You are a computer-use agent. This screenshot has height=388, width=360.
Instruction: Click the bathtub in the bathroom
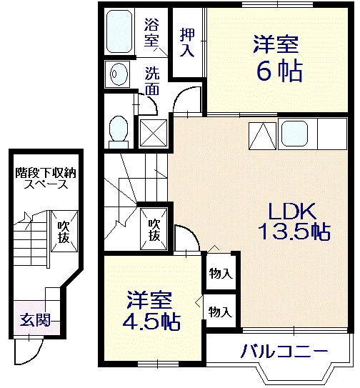click(x=121, y=32)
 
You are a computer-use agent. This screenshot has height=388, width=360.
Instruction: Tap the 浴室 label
click(x=152, y=31)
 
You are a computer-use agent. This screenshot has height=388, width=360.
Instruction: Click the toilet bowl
click(x=118, y=130)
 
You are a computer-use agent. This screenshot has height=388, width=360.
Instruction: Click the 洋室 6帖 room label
click(x=275, y=58)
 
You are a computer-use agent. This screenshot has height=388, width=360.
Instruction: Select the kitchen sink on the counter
click(x=293, y=133)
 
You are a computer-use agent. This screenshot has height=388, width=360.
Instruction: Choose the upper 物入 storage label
click(x=220, y=274)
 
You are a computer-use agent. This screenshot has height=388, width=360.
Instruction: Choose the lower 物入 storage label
click(x=220, y=311)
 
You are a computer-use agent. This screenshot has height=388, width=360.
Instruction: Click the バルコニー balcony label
click(x=284, y=351)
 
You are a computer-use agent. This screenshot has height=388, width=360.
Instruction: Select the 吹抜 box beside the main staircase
click(x=154, y=229)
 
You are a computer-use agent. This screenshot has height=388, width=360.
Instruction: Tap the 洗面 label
click(x=153, y=81)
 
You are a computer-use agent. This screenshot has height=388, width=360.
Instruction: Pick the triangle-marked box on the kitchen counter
click(x=261, y=134)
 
